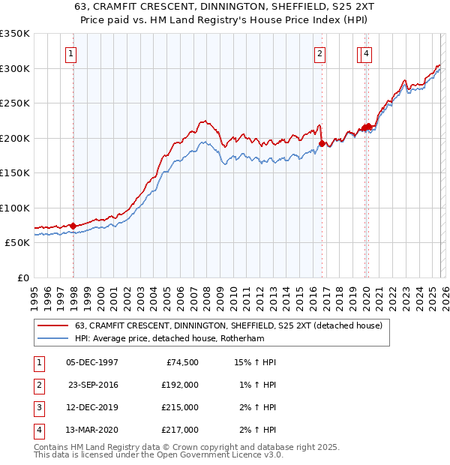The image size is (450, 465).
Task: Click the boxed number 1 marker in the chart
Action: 70,53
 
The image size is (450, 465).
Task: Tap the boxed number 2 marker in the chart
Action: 319,53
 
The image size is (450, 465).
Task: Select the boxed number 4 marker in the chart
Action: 365,53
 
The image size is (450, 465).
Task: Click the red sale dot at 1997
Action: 73,226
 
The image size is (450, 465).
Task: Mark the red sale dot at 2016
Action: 322,143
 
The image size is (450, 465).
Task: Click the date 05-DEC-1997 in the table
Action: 92,362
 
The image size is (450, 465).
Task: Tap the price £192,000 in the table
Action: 180,385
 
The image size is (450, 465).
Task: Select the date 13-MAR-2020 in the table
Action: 92,430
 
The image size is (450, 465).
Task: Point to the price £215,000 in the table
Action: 180,407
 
